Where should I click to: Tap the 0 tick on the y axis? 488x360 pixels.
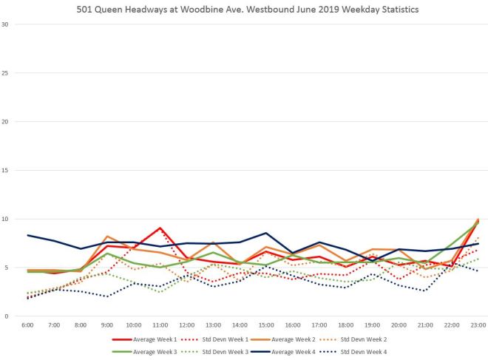point(7,316)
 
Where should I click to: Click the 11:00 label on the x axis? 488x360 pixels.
point(160,325)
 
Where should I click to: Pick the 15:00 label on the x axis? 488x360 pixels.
point(265,325)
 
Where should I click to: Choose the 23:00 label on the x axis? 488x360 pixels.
point(476,325)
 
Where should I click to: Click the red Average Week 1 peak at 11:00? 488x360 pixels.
point(160,228)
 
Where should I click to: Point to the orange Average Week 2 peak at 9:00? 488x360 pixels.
point(108,237)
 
